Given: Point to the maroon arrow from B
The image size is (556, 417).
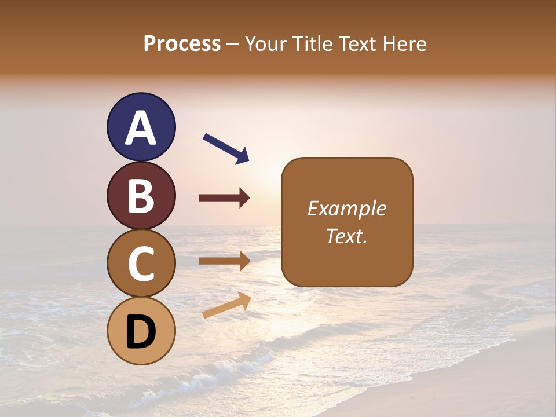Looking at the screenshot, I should [x=224, y=198].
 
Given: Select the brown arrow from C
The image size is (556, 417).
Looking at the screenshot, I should [x=224, y=261].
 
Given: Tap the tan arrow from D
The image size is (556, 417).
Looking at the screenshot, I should [x=226, y=305].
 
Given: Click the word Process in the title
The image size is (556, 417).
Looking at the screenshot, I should [x=182, y=44].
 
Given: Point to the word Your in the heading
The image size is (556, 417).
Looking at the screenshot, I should [x=265, y=44].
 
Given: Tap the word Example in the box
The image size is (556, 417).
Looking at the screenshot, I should [x=347, y=209].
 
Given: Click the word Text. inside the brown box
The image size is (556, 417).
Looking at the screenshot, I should [x=347, y=236].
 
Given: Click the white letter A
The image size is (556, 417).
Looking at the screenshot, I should [x=141, y=127].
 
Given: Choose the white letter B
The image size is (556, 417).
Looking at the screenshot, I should [x=141, y=196].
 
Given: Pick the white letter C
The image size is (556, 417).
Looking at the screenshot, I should [x=141, y=264].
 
